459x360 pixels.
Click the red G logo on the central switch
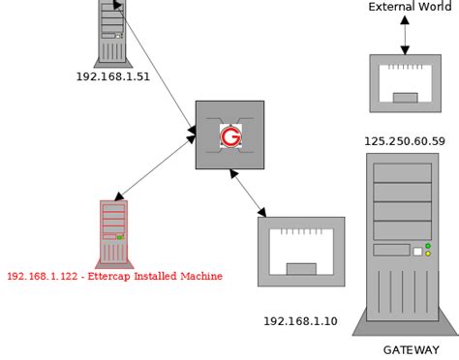(229, 136)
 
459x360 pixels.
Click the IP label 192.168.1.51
(112, 77)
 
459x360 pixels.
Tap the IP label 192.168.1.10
(300, 321)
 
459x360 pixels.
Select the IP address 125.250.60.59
(405, 141)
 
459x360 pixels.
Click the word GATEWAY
(411, 350)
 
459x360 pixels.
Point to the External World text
(410, 8)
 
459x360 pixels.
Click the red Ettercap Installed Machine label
(114, 277)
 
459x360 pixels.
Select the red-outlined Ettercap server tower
(113, 232)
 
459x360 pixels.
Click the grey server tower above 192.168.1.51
(112, 31)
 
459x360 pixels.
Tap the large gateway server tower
(403, 242)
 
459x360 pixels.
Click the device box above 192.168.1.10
(301, 251)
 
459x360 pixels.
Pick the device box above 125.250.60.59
(405, 83)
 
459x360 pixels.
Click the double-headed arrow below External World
(405, 34)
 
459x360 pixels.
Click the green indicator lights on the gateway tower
(428, 251)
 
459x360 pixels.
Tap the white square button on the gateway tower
(418, 252)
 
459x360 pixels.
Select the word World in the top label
(434, 8)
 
